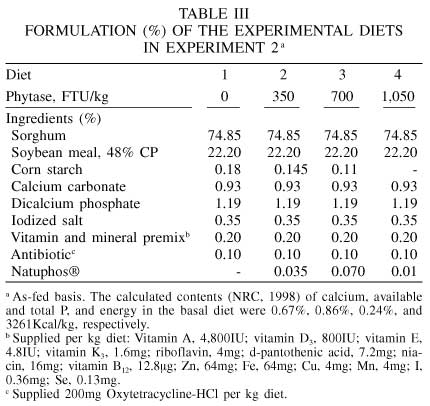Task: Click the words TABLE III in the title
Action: click(x=214, y=14)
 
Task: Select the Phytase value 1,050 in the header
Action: click(x=398, y=97)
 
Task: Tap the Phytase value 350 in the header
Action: click(x=283, y=97)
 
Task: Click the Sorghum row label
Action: click(x=39, y=136)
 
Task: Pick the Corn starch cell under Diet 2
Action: click(x=291, y=170)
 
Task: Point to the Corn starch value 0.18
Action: click(x=228, y=170)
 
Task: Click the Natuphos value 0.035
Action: click(x=291, y=271)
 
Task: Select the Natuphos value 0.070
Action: click(x=348, y=271)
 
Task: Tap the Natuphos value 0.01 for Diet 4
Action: click(x=404, y=271)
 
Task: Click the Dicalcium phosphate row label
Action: click(x=76, y=204)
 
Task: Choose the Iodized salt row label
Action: click(x=47, y=220)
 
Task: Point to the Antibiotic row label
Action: click(x=41, y=254)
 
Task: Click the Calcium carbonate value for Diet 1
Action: click(x=228, y=187)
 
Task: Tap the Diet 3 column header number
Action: click(x=342, y=75)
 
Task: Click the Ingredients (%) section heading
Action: click(x=53, y=119)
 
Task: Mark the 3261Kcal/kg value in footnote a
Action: click(x=40, y=324)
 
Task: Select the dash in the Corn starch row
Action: click(x=415, y=171)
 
